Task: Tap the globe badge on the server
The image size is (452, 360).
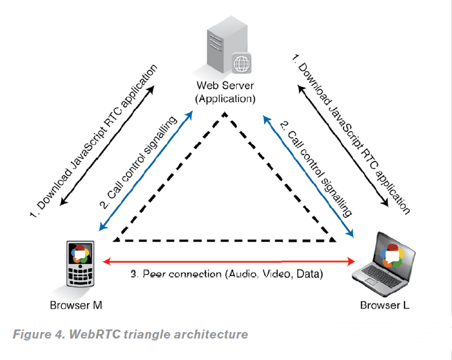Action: click(x=241, y=63)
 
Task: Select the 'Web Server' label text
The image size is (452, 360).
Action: click(x=225, y=86)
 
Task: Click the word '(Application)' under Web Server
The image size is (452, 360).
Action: click(x=225, y=99)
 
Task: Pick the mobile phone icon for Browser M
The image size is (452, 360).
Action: click(x=81, y=264)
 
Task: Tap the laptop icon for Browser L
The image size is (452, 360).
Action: click(x=384, y=264)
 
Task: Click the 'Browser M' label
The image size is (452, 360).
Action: click(x=76, y=305)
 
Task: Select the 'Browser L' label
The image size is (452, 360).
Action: click(x=385, y=305)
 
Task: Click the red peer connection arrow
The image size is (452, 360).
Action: click(x=229, y=261)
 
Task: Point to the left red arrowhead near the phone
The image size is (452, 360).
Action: click(x=107, y=261)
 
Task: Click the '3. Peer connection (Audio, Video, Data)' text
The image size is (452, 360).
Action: click(x=227, y=274)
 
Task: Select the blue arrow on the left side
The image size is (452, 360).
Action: click(x=146, y=171)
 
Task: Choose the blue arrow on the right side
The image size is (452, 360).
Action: click(x=308, y=176)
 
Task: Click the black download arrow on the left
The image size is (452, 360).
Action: click(x=107, y=146)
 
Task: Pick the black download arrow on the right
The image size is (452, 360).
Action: click(x=343, y=146)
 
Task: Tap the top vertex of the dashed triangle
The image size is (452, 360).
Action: click(x=225, y=114)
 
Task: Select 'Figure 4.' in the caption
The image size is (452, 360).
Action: click(x=40, y=335)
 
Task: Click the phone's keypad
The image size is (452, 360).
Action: click(x=81, y=275)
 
